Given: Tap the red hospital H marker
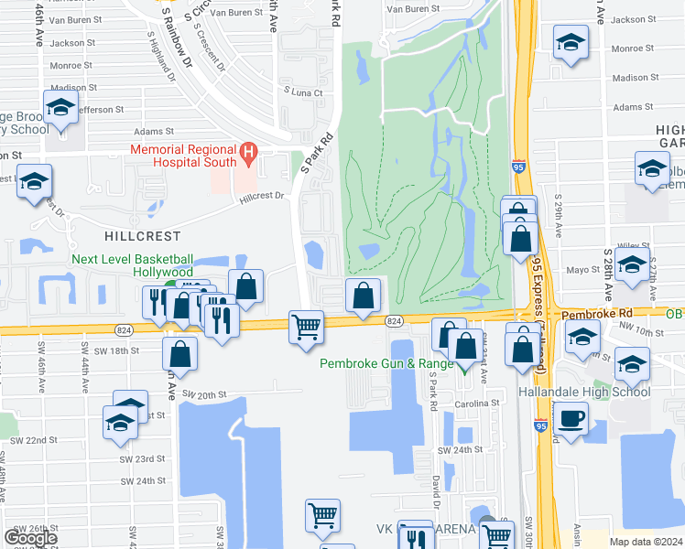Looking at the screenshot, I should (246, 151).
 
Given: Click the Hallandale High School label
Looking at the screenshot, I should (595, 392).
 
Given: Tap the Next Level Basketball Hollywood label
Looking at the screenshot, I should (134, 265).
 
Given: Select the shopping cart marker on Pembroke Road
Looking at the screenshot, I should (306, 326).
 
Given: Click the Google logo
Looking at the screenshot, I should (30, 537).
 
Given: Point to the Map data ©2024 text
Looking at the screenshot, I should (644, 542).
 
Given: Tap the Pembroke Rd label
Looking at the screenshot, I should (593, 313).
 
